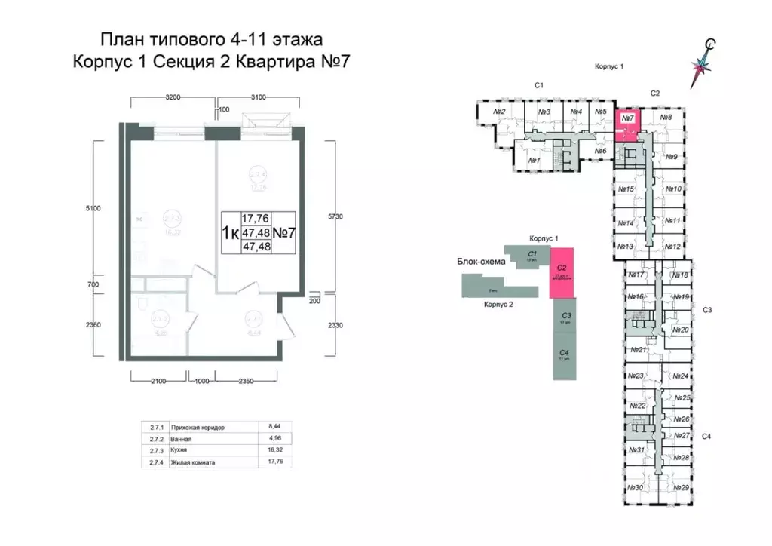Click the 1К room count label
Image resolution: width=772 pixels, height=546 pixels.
tap(229, 232)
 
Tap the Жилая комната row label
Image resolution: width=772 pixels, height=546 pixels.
tap(198, 462)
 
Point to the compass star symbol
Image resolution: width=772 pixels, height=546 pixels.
tap(704, 65)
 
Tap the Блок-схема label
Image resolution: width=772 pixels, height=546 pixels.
tap(479, 263)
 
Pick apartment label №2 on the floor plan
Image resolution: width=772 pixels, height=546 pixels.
tap(498, 112)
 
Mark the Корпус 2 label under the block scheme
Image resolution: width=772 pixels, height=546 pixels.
tap(499, 305)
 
